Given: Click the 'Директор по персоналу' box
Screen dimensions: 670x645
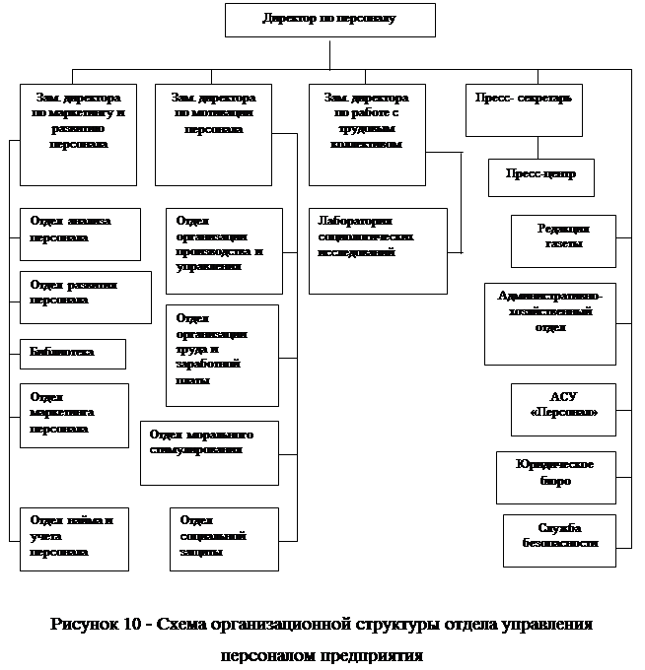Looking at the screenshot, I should (329, 20).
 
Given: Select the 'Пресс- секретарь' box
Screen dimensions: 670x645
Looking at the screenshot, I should (523, 109).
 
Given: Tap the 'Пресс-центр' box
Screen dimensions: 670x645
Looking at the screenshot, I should (540, 177).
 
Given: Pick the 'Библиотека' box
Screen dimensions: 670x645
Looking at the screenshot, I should (73, 354).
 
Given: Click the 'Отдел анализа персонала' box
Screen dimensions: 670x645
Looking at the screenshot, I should (80, 234).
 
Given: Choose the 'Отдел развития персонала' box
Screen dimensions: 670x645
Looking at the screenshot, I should (85, 297).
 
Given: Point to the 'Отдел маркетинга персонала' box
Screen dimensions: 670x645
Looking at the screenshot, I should (74, 415).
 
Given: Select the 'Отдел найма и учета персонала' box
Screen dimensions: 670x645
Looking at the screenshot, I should (74, 538).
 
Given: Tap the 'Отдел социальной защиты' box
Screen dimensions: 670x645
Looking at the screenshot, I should (223, 538).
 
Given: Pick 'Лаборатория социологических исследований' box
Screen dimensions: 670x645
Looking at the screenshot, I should (377, 250).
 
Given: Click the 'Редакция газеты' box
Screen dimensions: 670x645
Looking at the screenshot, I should (563, 241).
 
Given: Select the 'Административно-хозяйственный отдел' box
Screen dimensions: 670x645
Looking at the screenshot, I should (549, 323).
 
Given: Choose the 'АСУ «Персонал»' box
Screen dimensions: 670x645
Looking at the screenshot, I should (563, 409).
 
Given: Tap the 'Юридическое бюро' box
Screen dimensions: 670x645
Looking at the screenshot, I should (556, 477).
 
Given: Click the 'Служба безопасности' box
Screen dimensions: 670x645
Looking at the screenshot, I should (559, 540).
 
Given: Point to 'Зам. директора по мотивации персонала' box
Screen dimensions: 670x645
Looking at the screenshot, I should (213, 134).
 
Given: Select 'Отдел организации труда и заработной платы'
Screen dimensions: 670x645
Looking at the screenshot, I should (222, 355).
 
